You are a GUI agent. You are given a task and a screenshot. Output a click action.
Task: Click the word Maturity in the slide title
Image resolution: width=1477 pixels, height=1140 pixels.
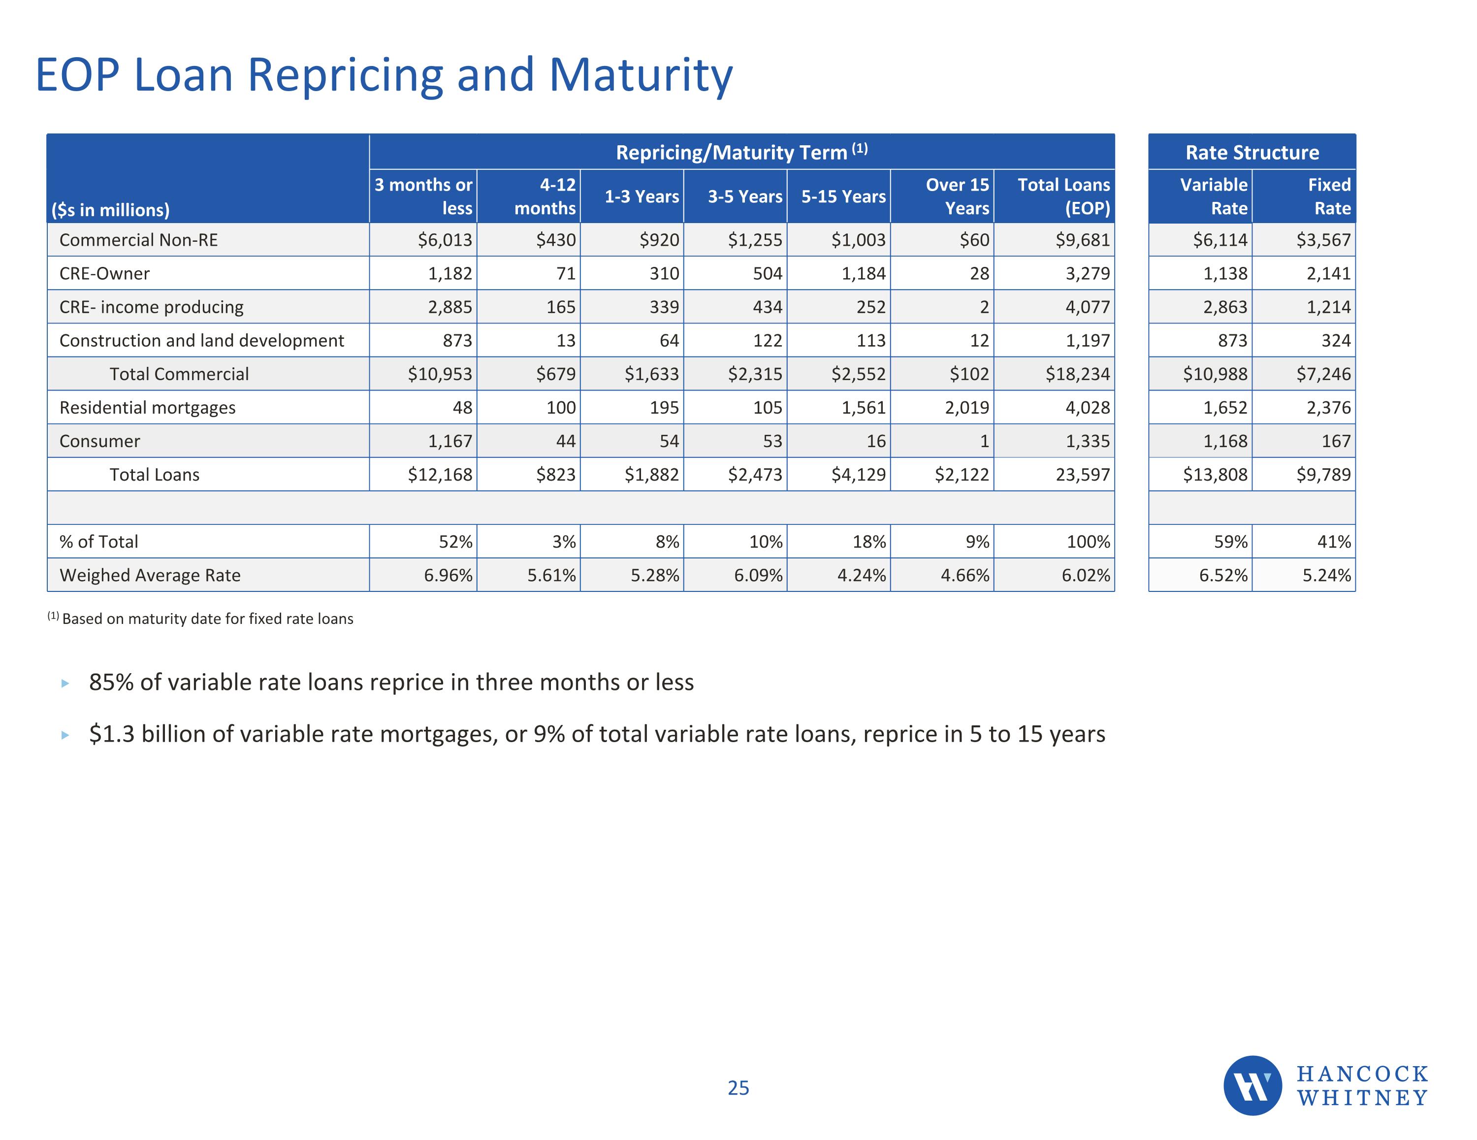641,75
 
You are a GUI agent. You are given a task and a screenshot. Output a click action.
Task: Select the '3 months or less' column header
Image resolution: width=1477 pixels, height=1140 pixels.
423,196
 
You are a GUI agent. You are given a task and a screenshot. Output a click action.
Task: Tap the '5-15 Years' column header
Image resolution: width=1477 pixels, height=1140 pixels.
843,196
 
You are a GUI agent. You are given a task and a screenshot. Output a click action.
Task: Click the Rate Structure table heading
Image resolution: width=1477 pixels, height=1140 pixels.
1252,152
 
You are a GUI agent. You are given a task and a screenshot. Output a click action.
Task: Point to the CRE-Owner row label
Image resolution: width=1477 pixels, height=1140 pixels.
105,273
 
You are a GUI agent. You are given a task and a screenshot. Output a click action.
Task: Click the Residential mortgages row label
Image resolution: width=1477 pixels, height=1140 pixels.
147,407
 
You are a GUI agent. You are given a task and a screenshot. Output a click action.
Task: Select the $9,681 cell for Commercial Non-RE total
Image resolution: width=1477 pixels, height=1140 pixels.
1082,240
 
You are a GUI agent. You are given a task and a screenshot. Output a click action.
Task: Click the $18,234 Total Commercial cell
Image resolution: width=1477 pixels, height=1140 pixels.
1077,374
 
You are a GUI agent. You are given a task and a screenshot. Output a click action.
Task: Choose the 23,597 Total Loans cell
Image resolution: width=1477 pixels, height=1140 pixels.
1082,475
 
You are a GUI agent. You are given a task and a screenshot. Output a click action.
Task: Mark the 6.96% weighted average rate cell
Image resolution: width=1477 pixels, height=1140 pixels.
448,575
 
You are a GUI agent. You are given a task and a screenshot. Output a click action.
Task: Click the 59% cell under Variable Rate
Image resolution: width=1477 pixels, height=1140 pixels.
1230,542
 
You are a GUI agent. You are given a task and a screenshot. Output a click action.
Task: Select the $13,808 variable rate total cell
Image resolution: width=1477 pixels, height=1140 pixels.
1215,475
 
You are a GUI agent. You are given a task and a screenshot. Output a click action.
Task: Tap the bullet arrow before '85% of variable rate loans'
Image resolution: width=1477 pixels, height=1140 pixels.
65,684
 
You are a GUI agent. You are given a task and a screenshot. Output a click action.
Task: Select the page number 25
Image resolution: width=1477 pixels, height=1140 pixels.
738,1088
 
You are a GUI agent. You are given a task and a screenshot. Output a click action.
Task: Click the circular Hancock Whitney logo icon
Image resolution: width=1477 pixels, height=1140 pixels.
1252,1085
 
